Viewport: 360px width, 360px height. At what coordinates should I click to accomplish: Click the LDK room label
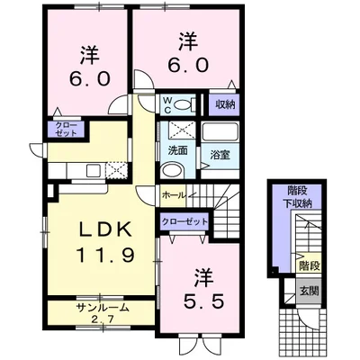105,230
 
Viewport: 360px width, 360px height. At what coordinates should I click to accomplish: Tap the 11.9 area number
105,256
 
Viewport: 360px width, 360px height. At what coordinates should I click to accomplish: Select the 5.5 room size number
203,301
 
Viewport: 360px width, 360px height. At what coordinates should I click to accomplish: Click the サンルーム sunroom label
103,308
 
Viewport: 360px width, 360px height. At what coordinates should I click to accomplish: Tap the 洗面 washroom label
177,150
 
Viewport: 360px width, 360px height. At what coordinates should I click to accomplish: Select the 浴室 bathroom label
220,155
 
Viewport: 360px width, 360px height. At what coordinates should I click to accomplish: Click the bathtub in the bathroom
220,132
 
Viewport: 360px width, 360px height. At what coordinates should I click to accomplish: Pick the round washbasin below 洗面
172,171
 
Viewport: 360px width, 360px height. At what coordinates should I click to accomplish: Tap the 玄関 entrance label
310,291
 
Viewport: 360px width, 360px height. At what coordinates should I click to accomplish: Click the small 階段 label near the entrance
309,265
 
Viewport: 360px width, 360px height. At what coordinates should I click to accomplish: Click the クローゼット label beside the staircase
184,221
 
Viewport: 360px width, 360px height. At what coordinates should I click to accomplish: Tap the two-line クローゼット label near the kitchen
67,130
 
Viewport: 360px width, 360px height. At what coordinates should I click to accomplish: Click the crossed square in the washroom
182,130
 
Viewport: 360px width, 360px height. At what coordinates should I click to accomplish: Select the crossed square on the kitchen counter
117,170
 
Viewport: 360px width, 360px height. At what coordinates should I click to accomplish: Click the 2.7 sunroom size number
103,319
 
